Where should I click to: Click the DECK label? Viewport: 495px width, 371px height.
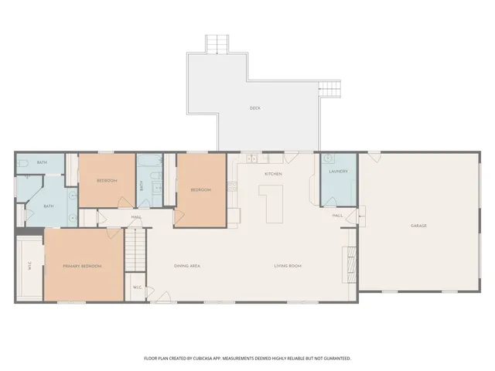pos(254,108)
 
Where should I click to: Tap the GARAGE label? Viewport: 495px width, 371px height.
pos(418,226)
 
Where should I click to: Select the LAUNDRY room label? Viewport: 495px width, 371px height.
pos(339,171)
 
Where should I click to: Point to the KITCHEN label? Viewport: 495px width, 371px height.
pos(273,174)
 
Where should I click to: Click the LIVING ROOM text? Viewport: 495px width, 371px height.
pos(287,266)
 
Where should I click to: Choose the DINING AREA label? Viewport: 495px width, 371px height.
pos(187,266)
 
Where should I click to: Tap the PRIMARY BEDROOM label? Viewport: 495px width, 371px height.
pos(82,266)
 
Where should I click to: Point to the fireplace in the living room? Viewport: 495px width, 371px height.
pos(350,263)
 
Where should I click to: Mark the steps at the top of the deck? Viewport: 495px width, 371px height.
pos(217,43)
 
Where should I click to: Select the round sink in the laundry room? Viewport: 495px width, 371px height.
pos(329,158)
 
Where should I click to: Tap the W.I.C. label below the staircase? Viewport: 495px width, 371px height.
pos(137,288)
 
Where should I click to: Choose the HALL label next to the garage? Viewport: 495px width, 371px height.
pos(337,216)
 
